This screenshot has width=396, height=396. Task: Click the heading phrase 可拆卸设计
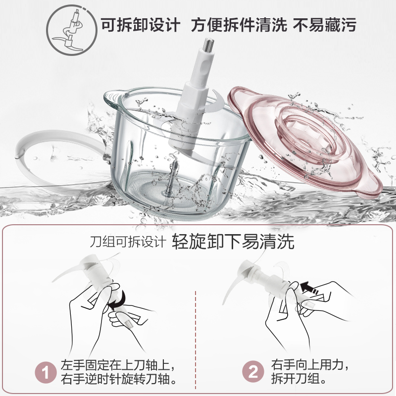[141, 25]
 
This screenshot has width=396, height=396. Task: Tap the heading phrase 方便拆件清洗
[239, 25]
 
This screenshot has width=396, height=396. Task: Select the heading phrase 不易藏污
[325, 25]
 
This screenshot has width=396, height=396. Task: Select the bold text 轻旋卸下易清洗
[233, 242]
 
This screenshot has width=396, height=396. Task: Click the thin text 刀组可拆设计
[128, 242]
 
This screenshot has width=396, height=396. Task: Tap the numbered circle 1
[46, 372]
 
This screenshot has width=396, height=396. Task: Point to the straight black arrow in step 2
[309, 288]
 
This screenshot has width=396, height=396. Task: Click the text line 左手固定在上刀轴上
[118, 365]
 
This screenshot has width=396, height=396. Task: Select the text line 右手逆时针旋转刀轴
[118, 379]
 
